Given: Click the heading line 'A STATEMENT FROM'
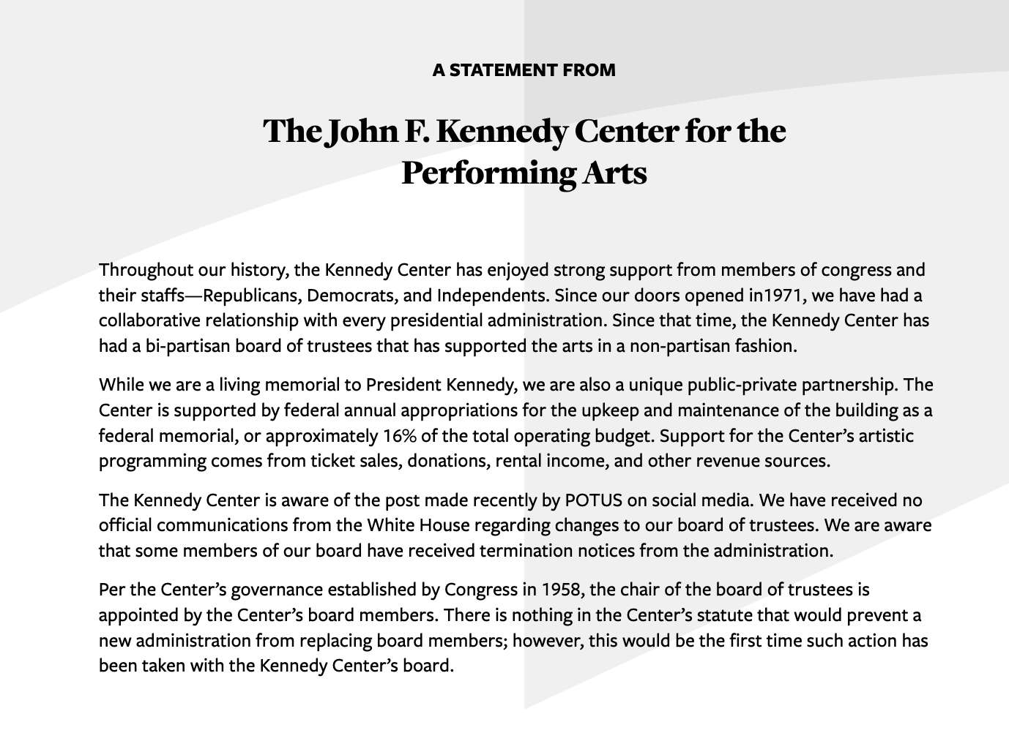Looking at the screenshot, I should pos(524,70).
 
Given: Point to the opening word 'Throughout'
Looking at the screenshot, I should pos(146,271).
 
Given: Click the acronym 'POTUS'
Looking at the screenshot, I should pos(594,500).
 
